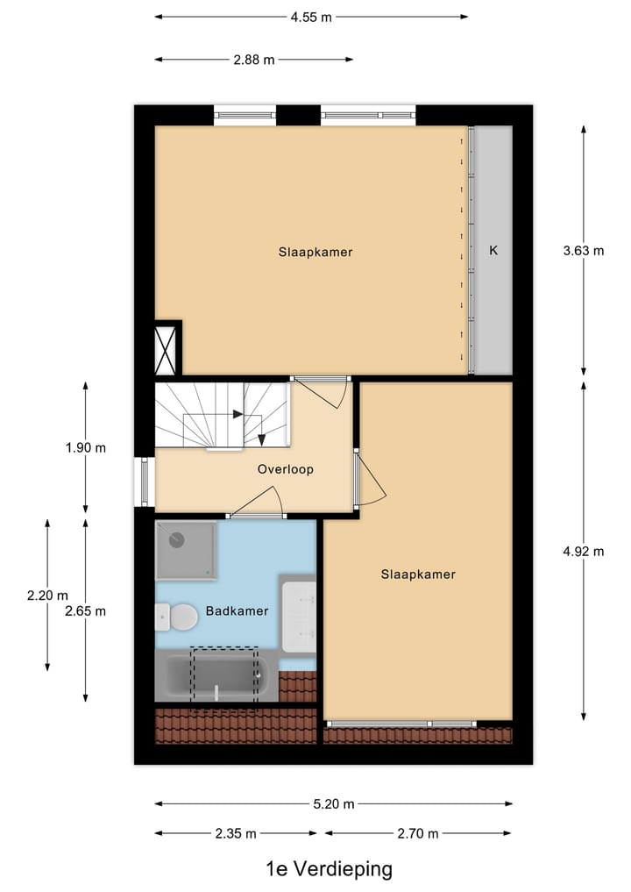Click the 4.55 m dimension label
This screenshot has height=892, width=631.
pyautogui.click(x=311, y=16)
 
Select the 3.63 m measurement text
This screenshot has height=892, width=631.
pyautogui.click(x=584, y=250)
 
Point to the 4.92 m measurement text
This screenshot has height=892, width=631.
pyautogui.click(x=584, y=552)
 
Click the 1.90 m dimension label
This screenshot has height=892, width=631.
pyautogui.click(x=85, y=447)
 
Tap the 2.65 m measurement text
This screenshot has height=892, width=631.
pyautogui.click(x=85, y=610)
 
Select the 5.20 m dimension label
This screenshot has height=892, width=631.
pyautogui.click(x=334, y=803)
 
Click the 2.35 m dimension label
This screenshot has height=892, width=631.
pyautogui.click(x=236, y=833)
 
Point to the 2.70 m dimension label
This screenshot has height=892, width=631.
pyautogui.click(x=417, y=833)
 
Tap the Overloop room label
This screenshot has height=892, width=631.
pyautogui.click(x=285, y=469)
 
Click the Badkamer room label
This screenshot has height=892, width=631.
pyautogui.click(x=237, y=610)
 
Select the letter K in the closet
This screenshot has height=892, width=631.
pyautogui.click(x=493, y=250)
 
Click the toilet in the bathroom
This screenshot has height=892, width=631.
pyautogui.click(x=178, y=617)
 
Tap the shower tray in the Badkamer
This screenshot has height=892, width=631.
pyautogui.click(x=185, y=550)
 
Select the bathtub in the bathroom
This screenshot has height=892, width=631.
pyautogui.click(x=216, y=677)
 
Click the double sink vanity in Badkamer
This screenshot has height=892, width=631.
pyautogui.click(x=299, y=615)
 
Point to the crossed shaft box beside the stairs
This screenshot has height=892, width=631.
pyautogui.click(x=166, y=349)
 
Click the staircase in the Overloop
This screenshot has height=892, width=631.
pyautogui.click(x=223, y=416)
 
